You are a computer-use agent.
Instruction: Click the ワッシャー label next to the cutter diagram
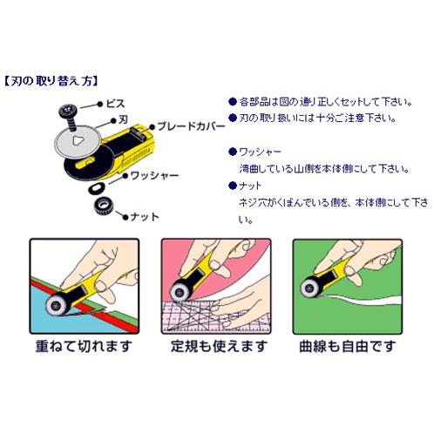click(155, 175)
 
